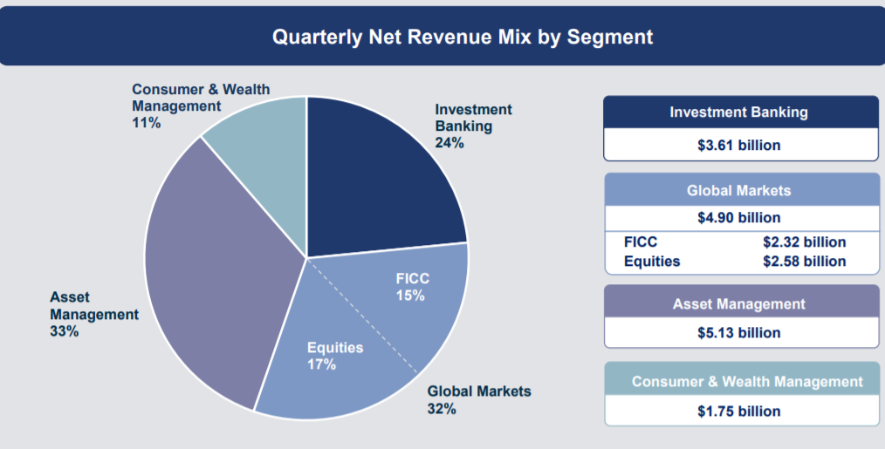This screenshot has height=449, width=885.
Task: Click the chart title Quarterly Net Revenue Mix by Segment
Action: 462,37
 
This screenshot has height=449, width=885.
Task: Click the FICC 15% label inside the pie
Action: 412,287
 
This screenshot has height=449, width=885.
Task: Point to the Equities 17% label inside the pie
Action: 334,356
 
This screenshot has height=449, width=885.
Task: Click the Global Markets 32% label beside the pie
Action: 478,399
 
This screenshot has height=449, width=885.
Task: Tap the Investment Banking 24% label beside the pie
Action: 473,126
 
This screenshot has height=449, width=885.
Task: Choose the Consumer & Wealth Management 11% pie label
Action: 200,105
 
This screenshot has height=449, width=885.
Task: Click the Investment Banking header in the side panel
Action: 738,112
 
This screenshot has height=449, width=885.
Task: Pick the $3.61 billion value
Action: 738,145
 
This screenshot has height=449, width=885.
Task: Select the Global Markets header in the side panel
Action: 738,190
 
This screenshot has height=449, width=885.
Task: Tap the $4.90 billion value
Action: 738,217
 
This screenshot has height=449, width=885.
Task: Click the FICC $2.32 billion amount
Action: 804,242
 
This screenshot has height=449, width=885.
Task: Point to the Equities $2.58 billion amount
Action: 804,261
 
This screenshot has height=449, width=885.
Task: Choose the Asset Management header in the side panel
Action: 738,304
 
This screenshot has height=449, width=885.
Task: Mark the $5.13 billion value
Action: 738,332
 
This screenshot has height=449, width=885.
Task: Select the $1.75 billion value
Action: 738,411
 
